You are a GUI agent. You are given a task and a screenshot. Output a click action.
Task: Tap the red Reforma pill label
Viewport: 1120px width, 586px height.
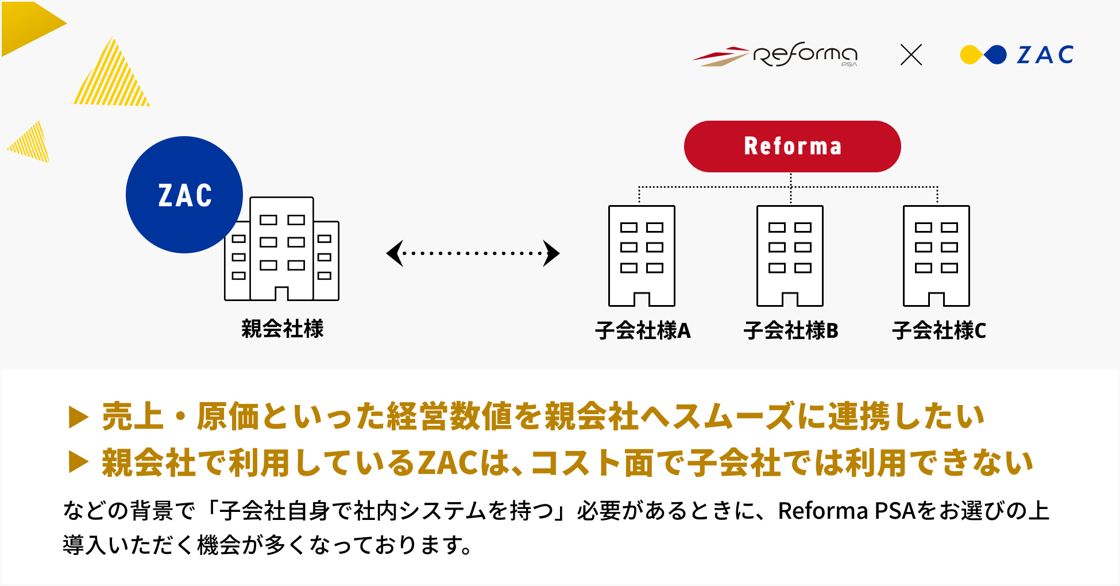(x=792, y=146)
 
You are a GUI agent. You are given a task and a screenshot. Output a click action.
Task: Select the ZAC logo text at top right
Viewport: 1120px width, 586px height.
(x=1045, y=55)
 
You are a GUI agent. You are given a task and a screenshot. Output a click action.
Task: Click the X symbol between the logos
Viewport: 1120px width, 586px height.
(x=911, y=55)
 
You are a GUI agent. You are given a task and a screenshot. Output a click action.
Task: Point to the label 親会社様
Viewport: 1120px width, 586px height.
(x=282, y=329)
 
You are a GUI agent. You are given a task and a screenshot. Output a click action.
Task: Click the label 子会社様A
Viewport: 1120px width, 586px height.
(x=643, y=330)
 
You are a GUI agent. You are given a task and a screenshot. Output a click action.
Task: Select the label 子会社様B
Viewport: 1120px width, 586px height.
(x=791, y=330)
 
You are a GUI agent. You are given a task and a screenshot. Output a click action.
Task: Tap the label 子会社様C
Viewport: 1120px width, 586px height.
(x=939, y=330)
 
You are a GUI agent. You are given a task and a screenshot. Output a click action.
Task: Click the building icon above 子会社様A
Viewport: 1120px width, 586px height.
(x=642, y=256)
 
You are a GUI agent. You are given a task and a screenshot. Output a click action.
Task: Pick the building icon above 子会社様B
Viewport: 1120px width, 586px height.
(x=790, y=256)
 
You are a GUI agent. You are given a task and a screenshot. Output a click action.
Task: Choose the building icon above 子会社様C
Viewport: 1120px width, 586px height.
(x=936, y=256)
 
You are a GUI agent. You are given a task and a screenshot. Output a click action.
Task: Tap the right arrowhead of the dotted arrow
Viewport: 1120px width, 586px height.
(x=552, y=253)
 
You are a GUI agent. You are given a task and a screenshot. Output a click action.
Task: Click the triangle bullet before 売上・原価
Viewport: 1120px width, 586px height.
(x=78, y=417)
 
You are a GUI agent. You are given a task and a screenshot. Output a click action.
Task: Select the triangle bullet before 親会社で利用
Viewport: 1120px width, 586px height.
(x=78, y=462)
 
